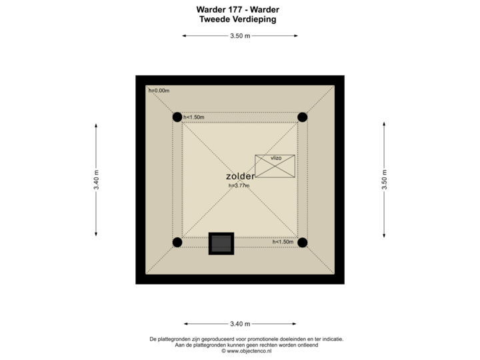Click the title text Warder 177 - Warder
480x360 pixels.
tap(238, 9)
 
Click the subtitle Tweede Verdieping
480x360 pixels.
tap(238, 19)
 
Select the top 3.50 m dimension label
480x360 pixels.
tap(240, 36)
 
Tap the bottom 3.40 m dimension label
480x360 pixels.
tap(240, 324)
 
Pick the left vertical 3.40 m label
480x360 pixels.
tap(97, 180)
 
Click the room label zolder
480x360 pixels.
tap(240, 176)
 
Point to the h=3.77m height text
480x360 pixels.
tap(239, 185)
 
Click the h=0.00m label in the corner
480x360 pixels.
tap(159, 91)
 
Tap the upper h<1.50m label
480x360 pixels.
tap(193, 117)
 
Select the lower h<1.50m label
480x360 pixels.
tap(283, 241)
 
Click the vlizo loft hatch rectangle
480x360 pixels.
tap(275, 166)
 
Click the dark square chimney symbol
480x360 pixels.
tap(221, 243)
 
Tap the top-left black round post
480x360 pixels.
tap(177, 117)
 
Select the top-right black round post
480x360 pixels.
tap(303, 117)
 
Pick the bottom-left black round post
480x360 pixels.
tap(177, 243)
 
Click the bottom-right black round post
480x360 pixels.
tap(303, 243)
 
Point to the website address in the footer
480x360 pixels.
tap(247, 351)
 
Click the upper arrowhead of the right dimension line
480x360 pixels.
tap(384, 123)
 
